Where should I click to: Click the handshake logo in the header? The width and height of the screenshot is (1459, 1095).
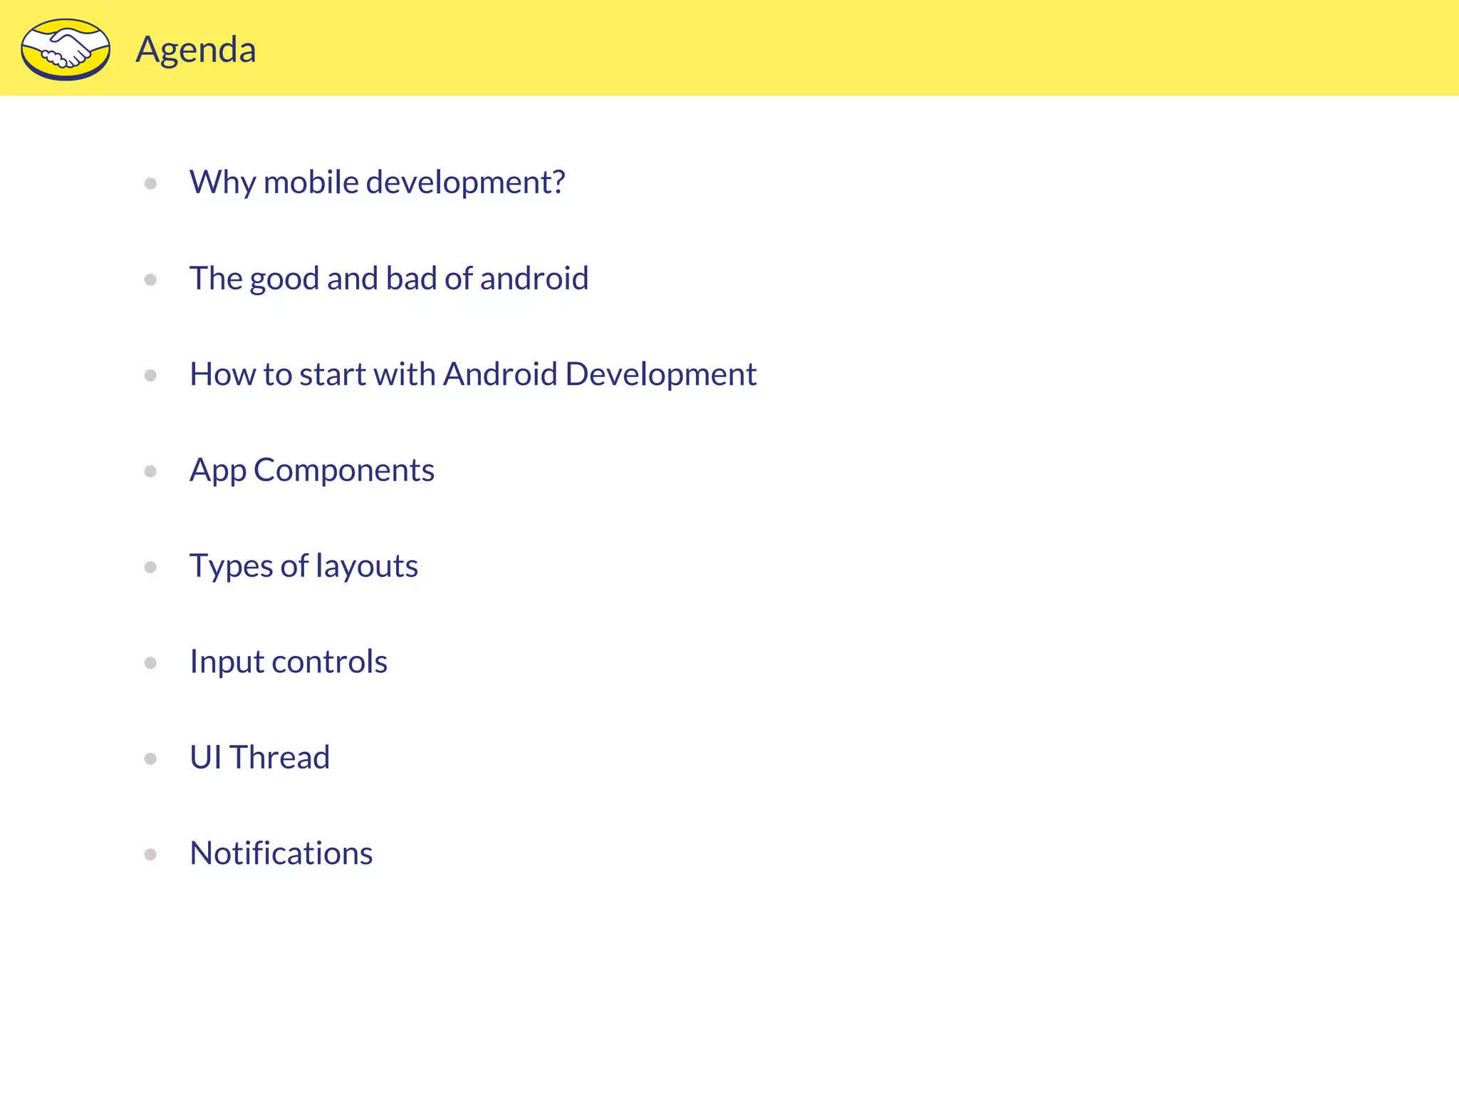(x=66, y=49)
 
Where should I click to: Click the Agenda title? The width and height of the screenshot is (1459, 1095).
(x=196, y=50)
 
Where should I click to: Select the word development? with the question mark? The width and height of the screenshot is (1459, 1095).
(x=465, y=183)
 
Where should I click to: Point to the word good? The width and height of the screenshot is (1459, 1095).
(x=284, y=279)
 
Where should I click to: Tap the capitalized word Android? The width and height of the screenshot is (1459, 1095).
(x=500, y=374)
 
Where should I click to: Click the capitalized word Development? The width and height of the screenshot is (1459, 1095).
(x=660, y=375)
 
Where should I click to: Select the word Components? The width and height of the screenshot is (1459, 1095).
(x=344, y=470)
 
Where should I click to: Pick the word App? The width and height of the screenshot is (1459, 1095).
(x=218, y=471)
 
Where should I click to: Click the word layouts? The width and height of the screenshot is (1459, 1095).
(x=367, y=567)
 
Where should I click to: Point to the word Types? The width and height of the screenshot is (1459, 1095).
(x=231, y=567)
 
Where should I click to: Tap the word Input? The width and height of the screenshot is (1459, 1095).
(x=227, y=662)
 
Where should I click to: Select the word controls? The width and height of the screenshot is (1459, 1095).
(x=329, y=662)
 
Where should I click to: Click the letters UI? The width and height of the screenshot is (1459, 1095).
(x=206, y=757)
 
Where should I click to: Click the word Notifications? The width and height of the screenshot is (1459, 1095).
(x=281, y=853)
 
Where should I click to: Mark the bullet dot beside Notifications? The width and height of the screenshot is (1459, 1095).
(x=150, y=854)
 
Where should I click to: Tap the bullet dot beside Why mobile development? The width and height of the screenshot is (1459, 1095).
(x=150, y=183)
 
